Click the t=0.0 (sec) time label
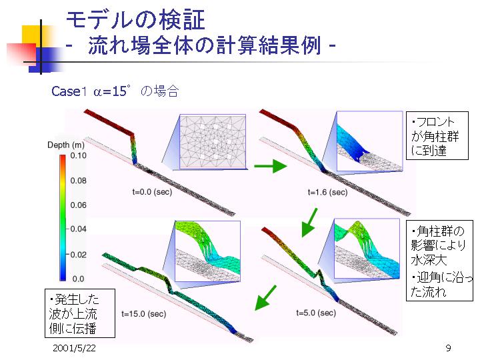tap(152, 192)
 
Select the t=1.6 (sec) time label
tap(327, 192)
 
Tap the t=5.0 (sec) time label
tap(316, 313)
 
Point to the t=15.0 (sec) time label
tap(143, 314)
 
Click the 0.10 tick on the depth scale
tap(79, 155)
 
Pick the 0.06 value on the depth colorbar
tap(79, 205)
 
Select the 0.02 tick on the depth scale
tap(79, 255)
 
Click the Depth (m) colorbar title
tap(66, 145)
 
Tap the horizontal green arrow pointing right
tap(270, 167)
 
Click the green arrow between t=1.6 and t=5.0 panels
tap(309, 223)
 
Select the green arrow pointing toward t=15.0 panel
tap(265, 298)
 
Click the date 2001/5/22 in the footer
tap(74, 348)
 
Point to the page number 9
tap(448, 348)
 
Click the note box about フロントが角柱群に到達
tap(437, 135)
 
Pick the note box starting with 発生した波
tap(80, 313)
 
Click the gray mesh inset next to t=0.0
tap(213, 142)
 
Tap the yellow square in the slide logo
tap(33, 36)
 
